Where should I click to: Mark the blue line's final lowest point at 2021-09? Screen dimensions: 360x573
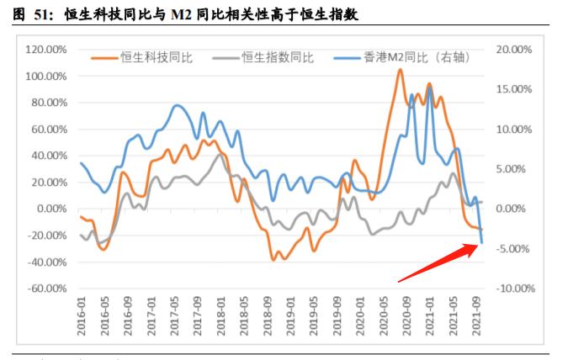pyautogui.click(x=482, y=243)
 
